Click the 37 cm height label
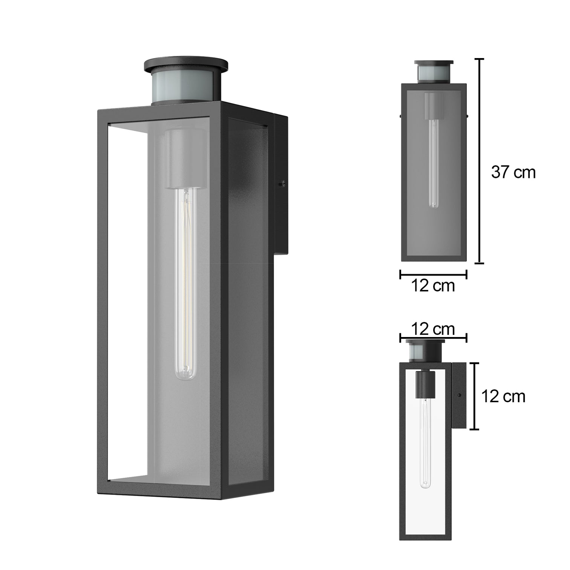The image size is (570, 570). (513, 172)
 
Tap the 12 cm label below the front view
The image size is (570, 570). (433, 286)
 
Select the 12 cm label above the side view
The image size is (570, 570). (433, 329)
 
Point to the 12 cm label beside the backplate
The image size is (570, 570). (503, 396)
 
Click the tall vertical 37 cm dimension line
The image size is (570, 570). (479, 161)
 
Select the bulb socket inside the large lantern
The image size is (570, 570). (185, 158)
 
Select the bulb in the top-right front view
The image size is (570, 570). (434, 164)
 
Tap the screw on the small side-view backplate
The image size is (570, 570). (459, 395)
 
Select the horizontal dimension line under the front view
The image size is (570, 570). (434, 275)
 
